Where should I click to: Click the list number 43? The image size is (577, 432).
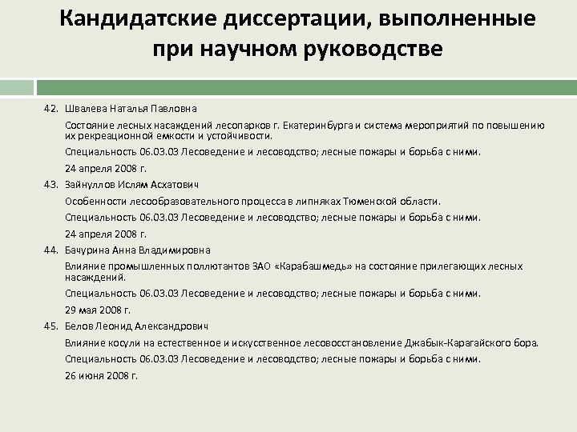51,185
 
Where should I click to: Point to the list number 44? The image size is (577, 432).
51,249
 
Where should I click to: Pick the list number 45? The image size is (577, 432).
51,326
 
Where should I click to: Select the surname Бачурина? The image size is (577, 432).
87,249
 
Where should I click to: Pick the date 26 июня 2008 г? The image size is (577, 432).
101,374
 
